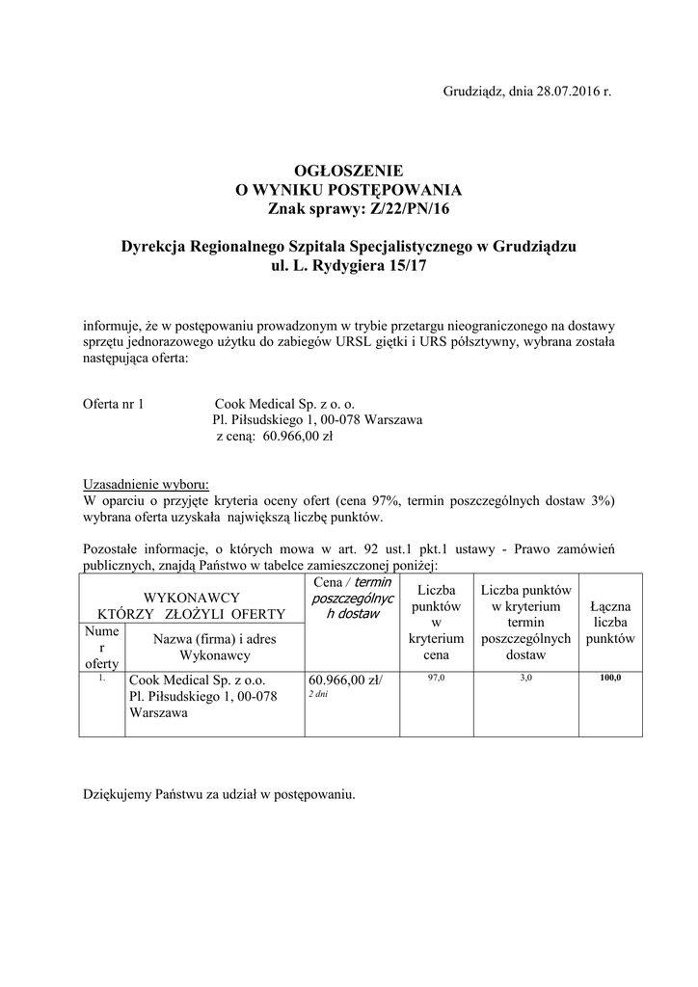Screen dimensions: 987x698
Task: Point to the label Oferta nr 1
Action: click(x=114, y=405)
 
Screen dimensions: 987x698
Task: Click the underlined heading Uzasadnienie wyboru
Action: click(x=146, y=484)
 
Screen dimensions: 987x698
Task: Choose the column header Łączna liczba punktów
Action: click(x=609, y=622)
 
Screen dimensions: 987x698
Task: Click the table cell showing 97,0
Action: click(x=436, y=679)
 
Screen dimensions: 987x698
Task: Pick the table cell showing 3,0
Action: click(x=525, y=679)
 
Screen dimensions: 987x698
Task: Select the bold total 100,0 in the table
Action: click(x=609, y=679)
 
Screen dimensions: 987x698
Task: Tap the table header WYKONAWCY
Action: click(x=191, y=598)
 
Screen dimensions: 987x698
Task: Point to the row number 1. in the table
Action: click(x=101, y=678)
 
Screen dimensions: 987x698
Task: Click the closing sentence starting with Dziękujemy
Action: click(x=219, y=795)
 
